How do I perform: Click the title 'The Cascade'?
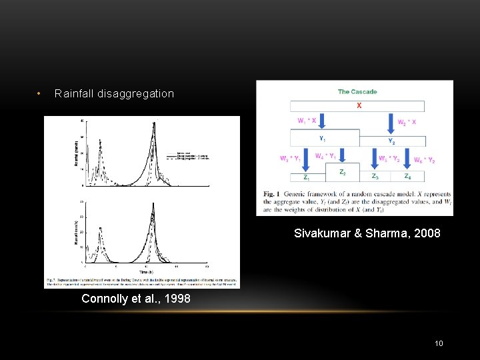357,92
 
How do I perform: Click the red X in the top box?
359,105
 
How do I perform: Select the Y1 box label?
322,139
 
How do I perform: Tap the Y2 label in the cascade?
392,141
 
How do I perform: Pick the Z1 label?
307,177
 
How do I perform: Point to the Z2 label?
342,172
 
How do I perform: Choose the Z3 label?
375,177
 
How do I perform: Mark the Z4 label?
407,177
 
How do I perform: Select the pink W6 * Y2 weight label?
424,160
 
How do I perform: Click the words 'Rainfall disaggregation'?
114,94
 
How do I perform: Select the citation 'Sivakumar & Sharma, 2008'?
367,233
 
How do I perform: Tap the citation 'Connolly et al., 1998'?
135,299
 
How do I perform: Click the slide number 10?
439,343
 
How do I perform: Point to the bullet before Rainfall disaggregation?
40,93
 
